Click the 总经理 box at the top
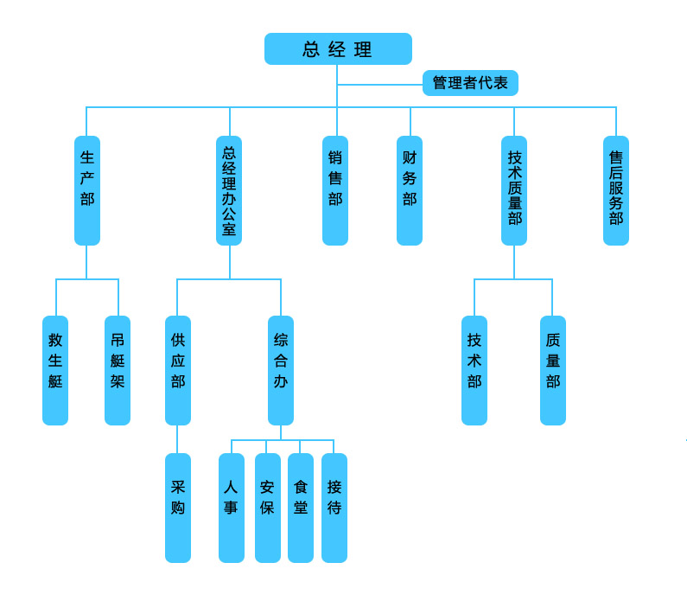click(338, 49)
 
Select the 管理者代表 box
click(470, 83)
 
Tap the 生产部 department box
click(87, 190)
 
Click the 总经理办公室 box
click(229, 190)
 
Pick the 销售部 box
click(335, 190)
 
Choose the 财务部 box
click(410, 190)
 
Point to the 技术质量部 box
click(514, 190)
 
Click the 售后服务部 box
click(616, 190)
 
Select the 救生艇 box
click(55, 370)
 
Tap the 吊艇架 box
click(118, 370)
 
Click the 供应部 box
click(178, 370)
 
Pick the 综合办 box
click(281, 370)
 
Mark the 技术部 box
click(474, 370)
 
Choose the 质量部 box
click(553, 370)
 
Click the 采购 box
click(178, 508)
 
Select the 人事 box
click(232, 508)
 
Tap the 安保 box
click(268, 508)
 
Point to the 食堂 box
click(301, 508)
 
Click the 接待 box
click(334, 508)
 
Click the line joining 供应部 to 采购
click(178, 439)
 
